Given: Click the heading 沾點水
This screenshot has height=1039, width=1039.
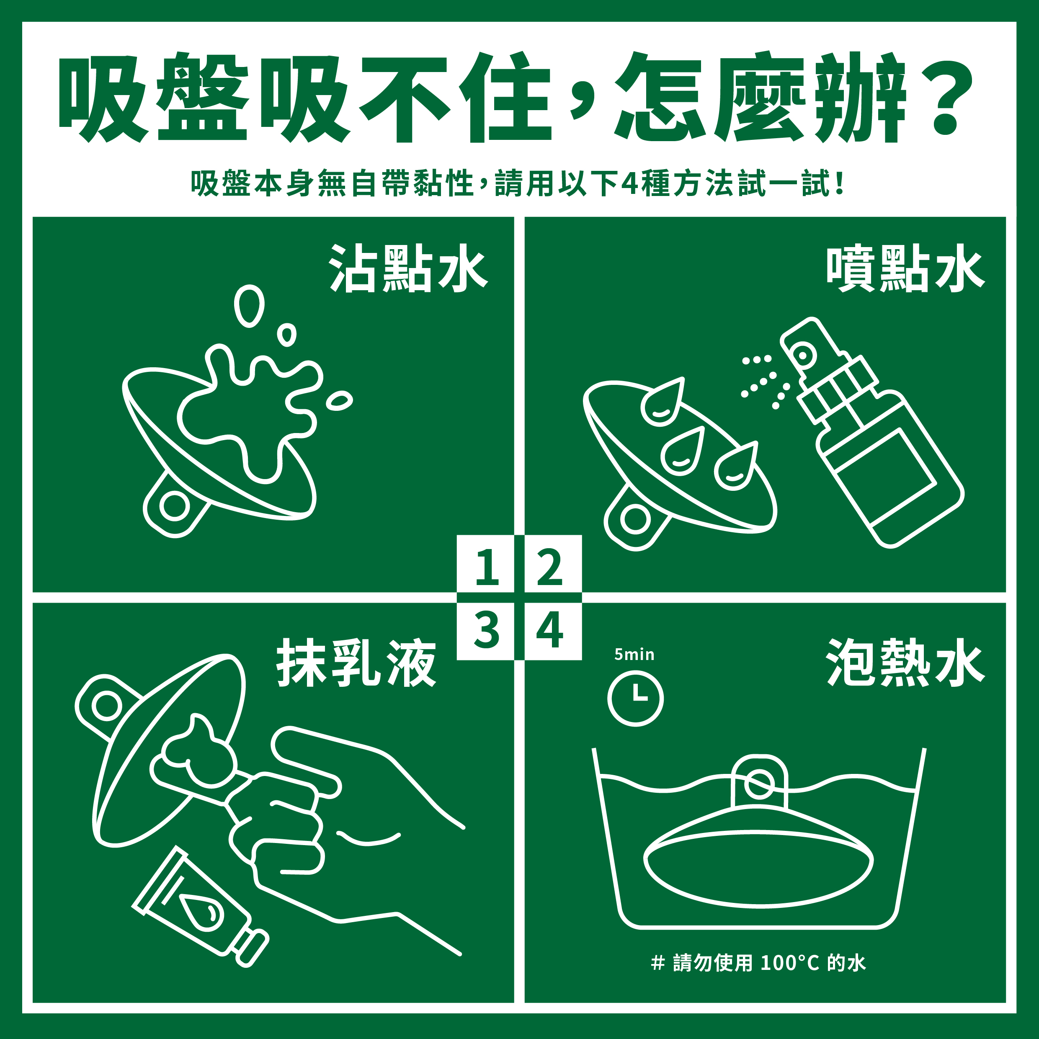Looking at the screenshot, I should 407,268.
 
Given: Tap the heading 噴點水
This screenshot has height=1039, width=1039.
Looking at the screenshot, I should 905,268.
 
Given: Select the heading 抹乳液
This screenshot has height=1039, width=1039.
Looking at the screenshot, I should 356,663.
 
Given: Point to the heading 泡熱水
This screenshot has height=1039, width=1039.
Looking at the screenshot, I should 905,663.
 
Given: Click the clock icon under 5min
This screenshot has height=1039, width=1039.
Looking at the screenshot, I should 635,698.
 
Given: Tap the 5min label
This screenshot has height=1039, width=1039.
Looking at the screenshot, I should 634,655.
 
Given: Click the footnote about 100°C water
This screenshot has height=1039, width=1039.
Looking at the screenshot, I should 758,963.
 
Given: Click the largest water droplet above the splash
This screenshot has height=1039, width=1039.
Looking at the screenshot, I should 249,305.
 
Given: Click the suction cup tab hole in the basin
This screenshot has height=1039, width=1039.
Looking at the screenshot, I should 759,784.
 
